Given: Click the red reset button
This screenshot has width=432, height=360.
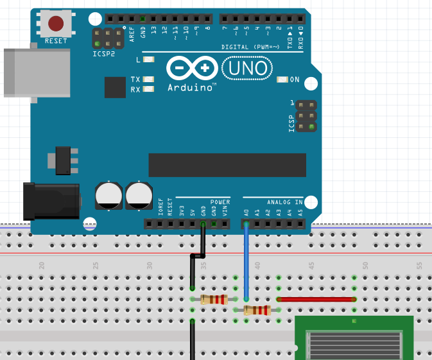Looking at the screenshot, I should point(56,24).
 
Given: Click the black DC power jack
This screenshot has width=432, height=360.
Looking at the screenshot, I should point(51,201).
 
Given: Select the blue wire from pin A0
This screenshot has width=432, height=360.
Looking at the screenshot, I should point(246,263).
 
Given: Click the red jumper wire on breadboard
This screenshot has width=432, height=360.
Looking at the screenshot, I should point(316,299).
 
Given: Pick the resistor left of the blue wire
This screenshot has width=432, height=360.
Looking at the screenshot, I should point(213,299).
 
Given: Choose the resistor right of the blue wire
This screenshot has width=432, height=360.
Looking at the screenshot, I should point(257,311).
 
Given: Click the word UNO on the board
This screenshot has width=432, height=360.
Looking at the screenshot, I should point(247,67).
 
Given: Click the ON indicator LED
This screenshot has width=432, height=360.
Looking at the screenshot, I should point(282,80).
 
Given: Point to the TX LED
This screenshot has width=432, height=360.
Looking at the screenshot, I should point(149,80).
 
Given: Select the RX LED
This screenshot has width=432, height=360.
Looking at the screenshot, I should point(149,90).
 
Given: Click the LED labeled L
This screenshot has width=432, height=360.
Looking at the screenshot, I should point(149,60).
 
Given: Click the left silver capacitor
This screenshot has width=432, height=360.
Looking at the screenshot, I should point(108,196).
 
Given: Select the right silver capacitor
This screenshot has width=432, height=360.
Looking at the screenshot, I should point(139,196).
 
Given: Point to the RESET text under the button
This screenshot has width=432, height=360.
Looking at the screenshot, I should point(56,40).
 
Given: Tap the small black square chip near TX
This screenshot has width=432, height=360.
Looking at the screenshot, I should point(115,87).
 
